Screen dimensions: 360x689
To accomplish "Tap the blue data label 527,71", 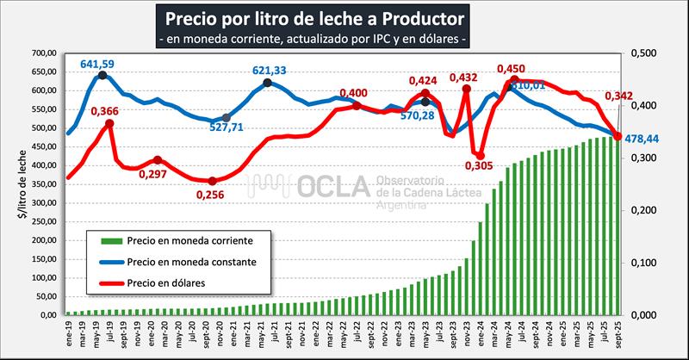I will click(228, 127).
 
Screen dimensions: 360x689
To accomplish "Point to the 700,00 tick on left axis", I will click(42, 53).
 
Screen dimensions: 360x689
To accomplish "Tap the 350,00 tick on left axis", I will click(42, 184).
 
